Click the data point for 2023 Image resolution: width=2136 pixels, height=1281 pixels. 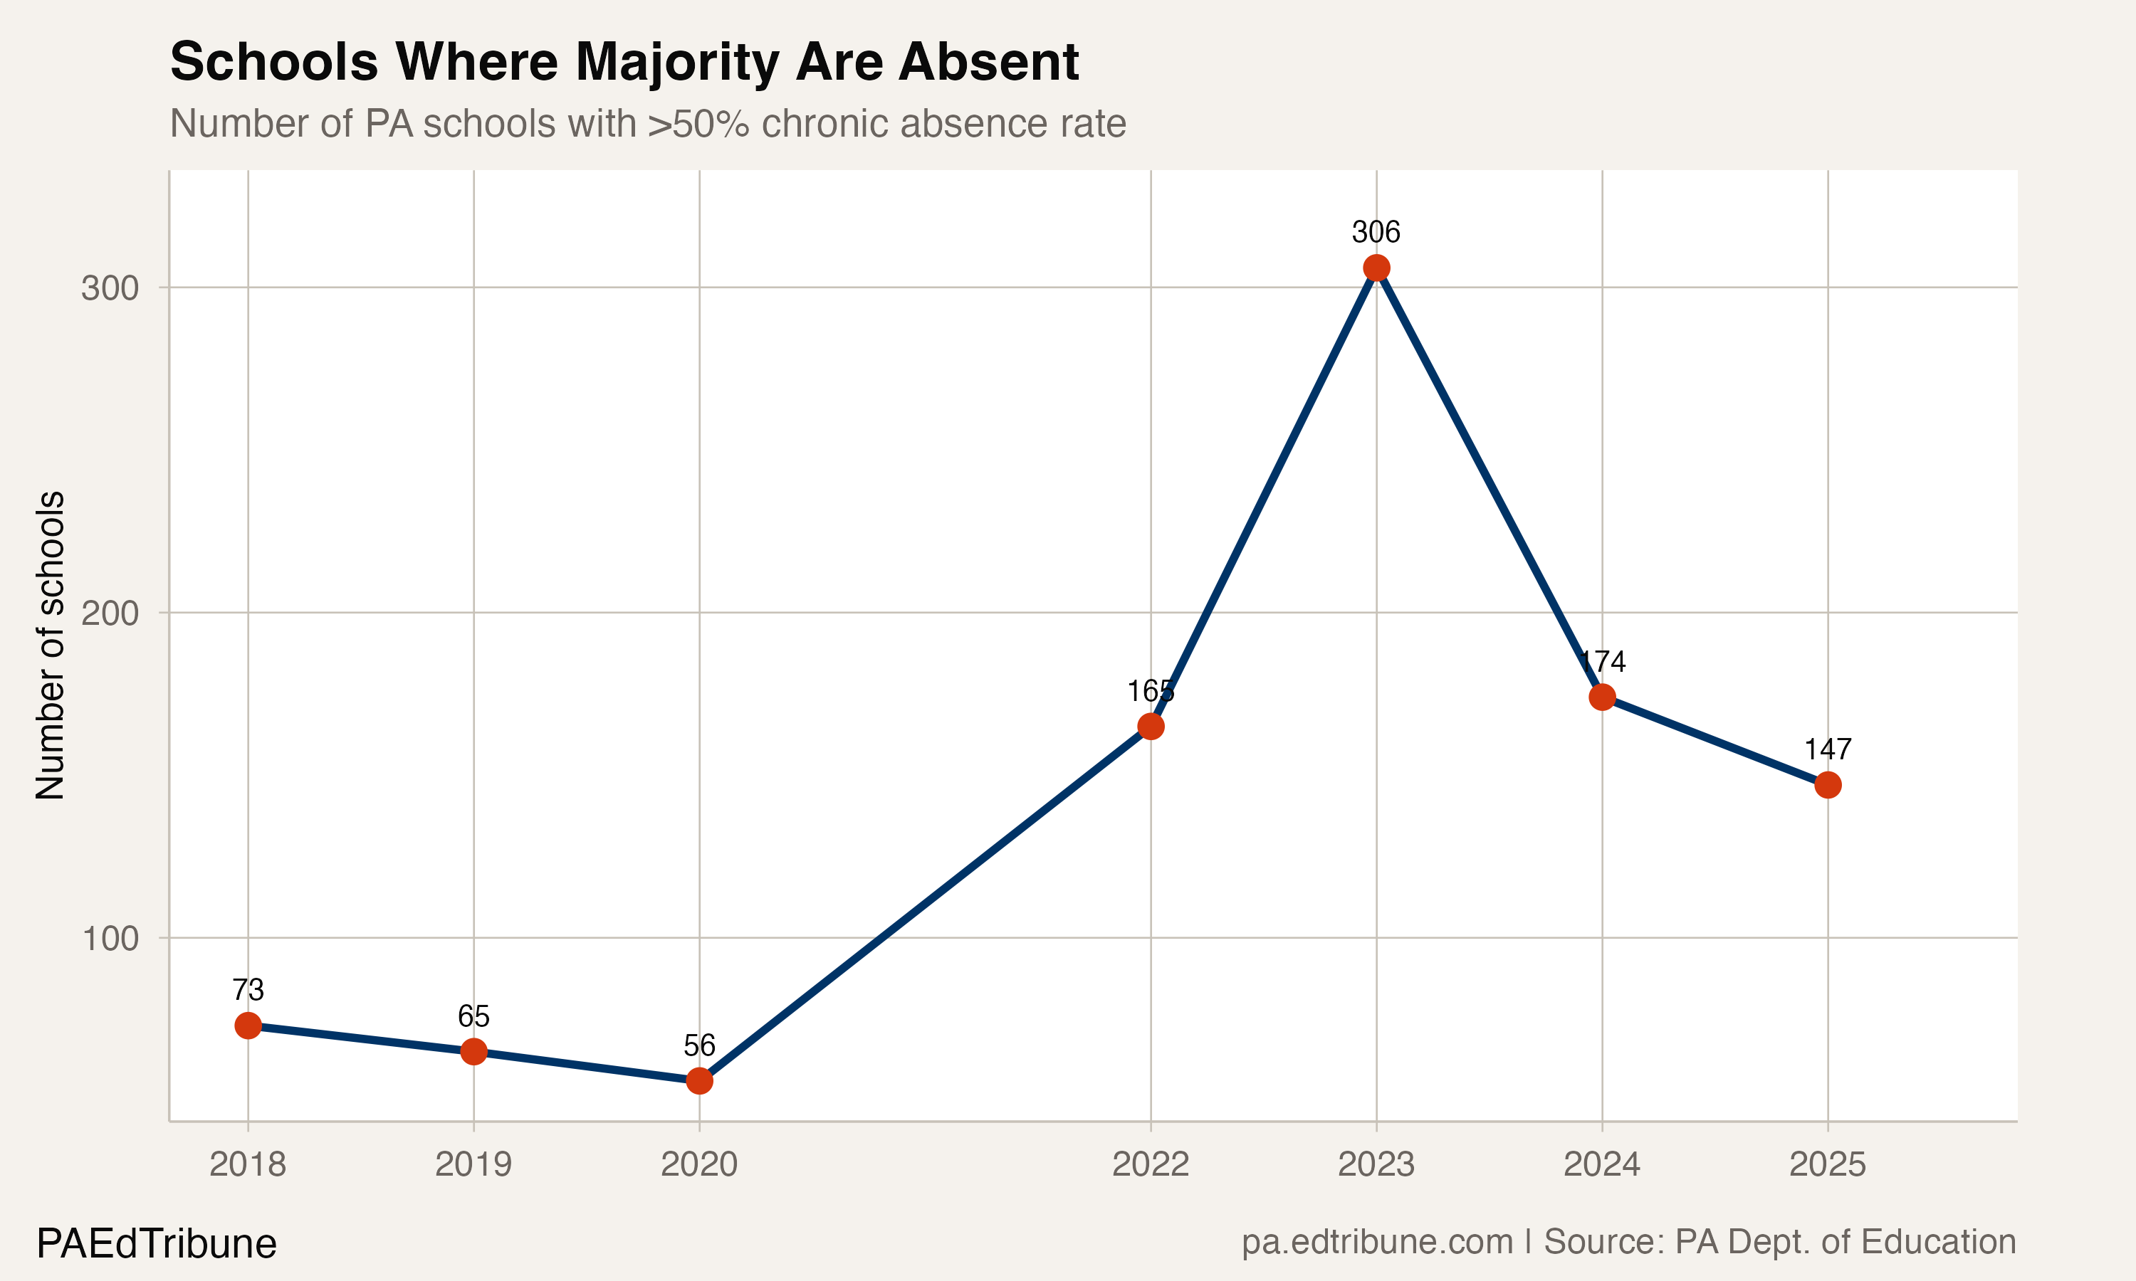1376,268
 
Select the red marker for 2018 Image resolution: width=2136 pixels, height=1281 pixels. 248,1026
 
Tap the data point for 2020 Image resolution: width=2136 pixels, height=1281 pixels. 699,1081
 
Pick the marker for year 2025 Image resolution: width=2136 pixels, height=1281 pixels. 1828,785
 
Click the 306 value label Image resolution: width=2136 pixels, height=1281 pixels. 1376,232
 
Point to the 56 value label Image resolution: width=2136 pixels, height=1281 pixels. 699,1045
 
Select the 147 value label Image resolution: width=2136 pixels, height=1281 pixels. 1828,749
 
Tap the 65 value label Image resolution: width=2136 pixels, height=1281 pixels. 473,1016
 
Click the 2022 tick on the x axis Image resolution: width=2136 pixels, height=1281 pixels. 1150,1164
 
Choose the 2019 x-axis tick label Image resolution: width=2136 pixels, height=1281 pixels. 473,1164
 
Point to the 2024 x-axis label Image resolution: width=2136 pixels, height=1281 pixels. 1601,1164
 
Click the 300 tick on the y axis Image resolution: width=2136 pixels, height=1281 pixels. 110,288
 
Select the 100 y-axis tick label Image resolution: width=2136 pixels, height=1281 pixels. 110,938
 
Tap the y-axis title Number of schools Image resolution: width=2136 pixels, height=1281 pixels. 50,645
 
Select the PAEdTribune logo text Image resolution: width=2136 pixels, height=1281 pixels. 156,1244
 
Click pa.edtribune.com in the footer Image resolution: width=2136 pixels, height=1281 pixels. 1377,1242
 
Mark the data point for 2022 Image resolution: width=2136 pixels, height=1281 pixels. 1150,727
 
